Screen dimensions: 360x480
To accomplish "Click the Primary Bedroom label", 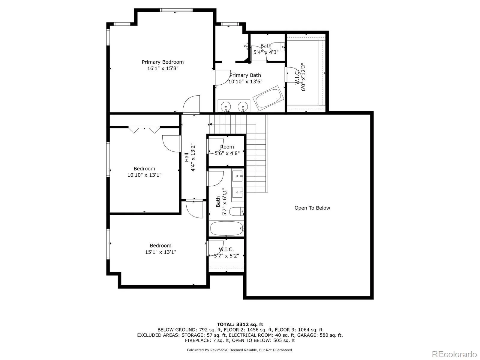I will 163,62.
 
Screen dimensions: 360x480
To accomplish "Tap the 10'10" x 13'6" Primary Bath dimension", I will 245,82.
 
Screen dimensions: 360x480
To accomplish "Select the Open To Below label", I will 312,208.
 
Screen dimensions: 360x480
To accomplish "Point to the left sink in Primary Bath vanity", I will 226,106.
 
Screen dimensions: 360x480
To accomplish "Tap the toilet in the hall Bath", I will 237,211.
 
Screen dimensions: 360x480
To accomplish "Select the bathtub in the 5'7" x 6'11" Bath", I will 226,229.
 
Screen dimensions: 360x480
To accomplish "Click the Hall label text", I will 187,157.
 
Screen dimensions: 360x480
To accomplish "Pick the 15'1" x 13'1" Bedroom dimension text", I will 160,252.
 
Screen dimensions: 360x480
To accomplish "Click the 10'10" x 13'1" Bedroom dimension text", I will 144,175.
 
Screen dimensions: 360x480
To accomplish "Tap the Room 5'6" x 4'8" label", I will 227,150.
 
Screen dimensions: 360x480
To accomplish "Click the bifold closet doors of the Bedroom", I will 144,130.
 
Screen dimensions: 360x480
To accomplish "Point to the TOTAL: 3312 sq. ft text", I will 240,324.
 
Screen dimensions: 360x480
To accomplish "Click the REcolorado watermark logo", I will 454,354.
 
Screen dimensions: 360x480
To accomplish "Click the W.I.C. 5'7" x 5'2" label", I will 226,253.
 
